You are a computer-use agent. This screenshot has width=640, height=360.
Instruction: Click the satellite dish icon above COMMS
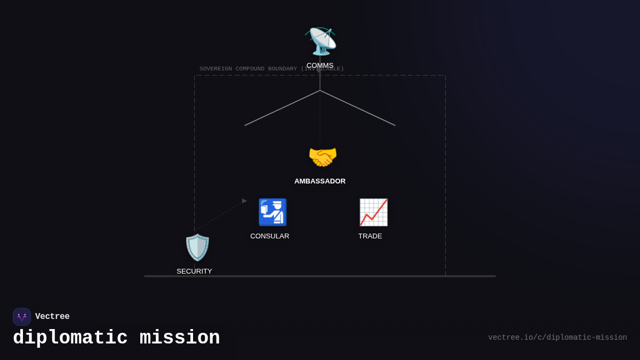click(321, 41)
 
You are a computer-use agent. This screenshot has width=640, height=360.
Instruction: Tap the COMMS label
click(320, 66)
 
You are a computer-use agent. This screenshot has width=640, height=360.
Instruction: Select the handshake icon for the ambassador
click(323, 157)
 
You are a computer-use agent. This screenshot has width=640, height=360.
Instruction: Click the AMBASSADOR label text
click(320, 181)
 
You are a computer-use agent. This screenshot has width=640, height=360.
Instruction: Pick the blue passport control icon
click(273, 212)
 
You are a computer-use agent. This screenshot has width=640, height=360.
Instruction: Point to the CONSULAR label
click(270, 236)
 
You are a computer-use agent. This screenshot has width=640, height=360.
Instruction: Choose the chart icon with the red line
click(373, 212)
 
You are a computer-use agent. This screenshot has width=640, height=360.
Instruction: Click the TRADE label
click(370, 236)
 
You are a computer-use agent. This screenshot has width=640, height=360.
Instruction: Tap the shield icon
click(197, 247)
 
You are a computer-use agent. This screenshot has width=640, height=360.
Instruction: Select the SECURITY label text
click(195, 271)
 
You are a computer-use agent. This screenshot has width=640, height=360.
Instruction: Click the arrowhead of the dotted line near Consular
click(244, 201)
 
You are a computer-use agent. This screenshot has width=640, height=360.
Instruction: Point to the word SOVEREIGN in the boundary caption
click(215, 69)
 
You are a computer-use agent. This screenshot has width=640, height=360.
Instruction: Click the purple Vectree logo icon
click(22, 317)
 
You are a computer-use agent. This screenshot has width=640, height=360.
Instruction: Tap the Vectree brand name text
click(52, 317)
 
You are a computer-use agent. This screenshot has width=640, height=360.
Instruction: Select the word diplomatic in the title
click(70, 338)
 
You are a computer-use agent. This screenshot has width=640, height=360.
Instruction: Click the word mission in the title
click(180, 338)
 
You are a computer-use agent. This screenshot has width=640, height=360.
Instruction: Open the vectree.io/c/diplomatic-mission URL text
click(557, 338)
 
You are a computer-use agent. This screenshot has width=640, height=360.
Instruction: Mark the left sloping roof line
click(282, 108)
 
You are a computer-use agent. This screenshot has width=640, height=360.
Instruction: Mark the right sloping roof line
click(358, 108)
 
